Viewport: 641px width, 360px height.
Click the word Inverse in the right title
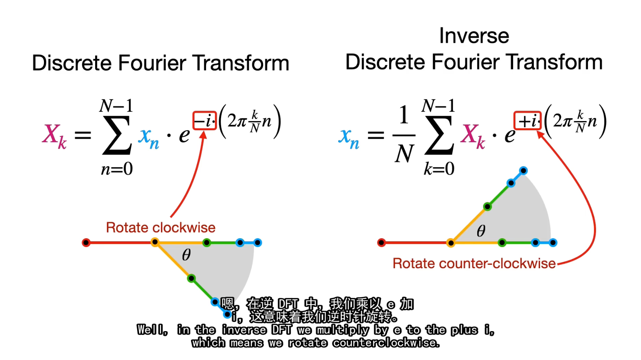click(474, 36)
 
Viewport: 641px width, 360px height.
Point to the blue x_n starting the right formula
click(349, 138)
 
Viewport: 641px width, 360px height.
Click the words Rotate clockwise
click(161, 228)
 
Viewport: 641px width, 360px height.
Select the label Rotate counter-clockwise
click(474, 264)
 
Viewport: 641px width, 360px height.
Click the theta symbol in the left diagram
click(186, 254)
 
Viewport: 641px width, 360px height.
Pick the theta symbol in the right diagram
click(481, 230)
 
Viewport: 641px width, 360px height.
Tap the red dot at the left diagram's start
click(86, 242)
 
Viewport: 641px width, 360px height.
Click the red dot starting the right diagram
click(381, 242)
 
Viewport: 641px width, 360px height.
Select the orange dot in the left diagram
click(155, 242)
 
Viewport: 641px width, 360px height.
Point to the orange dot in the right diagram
click(450, 243)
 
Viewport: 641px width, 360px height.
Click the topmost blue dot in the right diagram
click(523, 171)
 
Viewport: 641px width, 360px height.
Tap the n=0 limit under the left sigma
click(117, 169)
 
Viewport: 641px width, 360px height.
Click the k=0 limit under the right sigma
click(439, 169)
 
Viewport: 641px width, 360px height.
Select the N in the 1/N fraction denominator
click(404, 153)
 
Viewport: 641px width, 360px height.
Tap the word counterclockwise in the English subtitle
click(363, 343)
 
